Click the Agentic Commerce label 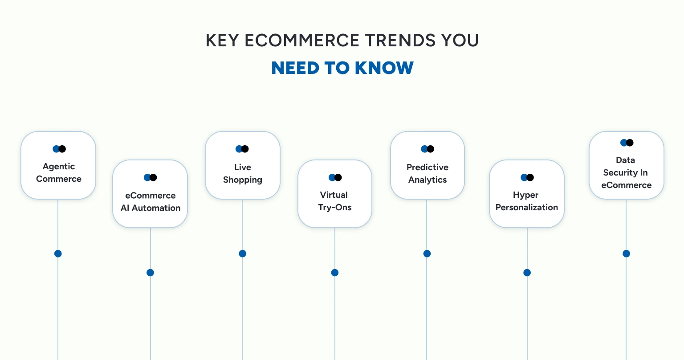pos(59,172)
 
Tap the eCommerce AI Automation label pos(151,201)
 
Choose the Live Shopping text pos(243,173)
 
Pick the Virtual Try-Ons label pos(334,201)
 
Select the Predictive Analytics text pos(427,173)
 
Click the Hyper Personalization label pos(526,201)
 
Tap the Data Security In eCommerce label pos(626,172)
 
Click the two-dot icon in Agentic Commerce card pos(59,149)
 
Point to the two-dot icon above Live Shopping pos(242,149)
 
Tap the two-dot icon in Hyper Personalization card pos(527,177)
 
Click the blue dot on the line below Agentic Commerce pos(58,254)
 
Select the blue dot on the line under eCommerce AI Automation pos(150,273)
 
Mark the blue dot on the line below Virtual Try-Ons pos(335,273)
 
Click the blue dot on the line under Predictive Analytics pos(427,254)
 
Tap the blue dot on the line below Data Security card pos(626,254)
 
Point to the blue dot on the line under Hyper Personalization pos(527,273)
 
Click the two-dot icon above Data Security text pos(627,143)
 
